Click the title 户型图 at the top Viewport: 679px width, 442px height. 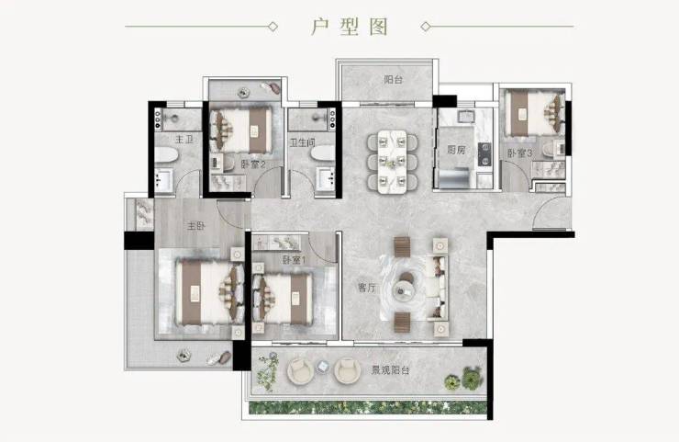point(349,27)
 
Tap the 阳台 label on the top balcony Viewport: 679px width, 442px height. point(394,80)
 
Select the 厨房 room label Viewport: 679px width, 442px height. point(456,150)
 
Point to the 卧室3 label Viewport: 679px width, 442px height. point(519,153)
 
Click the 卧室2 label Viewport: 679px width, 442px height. point(253,164)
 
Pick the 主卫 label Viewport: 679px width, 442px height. point(184,140)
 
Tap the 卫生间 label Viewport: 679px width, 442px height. point(302,142)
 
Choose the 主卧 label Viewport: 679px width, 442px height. point(196,226)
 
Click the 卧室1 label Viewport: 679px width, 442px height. point(294,260)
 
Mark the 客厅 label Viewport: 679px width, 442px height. point(367,287)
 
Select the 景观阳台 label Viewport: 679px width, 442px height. point(390,370)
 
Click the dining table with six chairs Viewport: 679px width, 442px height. point(393,162)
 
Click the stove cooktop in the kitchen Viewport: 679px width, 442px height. point(484,154)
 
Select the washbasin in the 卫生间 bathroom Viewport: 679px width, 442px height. point(326,178)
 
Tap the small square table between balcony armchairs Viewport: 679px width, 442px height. point(323,367)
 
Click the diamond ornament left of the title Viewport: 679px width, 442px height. point(273,27)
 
